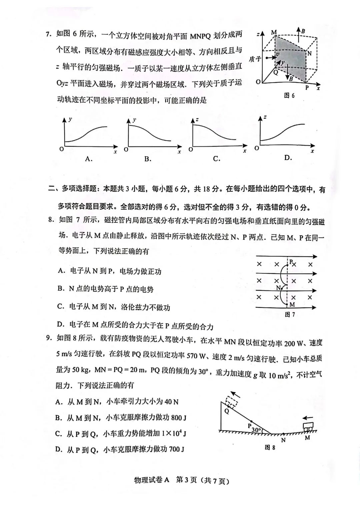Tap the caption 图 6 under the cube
tap(289, 96)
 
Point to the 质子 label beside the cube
tap(255, 59)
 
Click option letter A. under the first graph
tap(88, 159)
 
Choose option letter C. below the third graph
tap(217, 159)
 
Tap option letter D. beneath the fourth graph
tap(288, 158)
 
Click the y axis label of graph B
tap(134, 120)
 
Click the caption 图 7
tap(290, 315)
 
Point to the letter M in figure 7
tap(292, 305)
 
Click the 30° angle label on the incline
tap(256, 430)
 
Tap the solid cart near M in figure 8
tap(309, 426)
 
